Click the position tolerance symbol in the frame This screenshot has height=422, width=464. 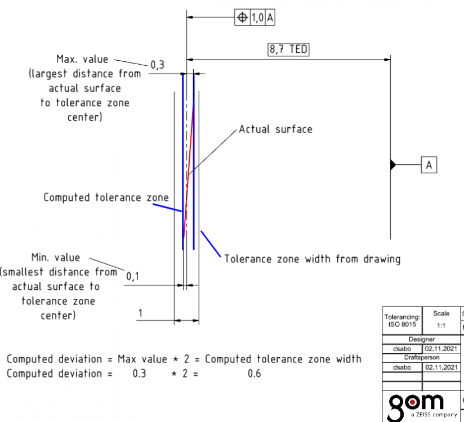(x=242, y=18)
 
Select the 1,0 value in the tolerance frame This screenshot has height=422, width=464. (x=257, y=18)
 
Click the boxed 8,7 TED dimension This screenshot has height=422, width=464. (x=288, y=50)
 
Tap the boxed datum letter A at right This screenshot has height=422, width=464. (x=429, y=165)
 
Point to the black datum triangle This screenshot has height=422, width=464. (x=393, y=165)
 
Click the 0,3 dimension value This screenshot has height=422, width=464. (x=157, y=65)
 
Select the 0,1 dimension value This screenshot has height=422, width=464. (x=132, y=276)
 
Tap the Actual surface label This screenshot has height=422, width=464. (x=275, y=129)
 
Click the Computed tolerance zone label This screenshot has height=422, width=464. (x=106, y=197)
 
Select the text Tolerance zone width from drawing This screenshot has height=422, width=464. (x=313, y=259)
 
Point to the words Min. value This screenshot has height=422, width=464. (x=55, y=258)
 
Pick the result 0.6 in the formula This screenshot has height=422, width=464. (x=255, y=373)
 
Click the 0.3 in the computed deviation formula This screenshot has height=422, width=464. (x=139, y=373)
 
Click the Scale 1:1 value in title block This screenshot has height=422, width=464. (x=441, y=325)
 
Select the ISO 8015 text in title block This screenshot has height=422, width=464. (x=401, y=325)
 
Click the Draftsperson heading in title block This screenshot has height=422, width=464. (x=421, y=357)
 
